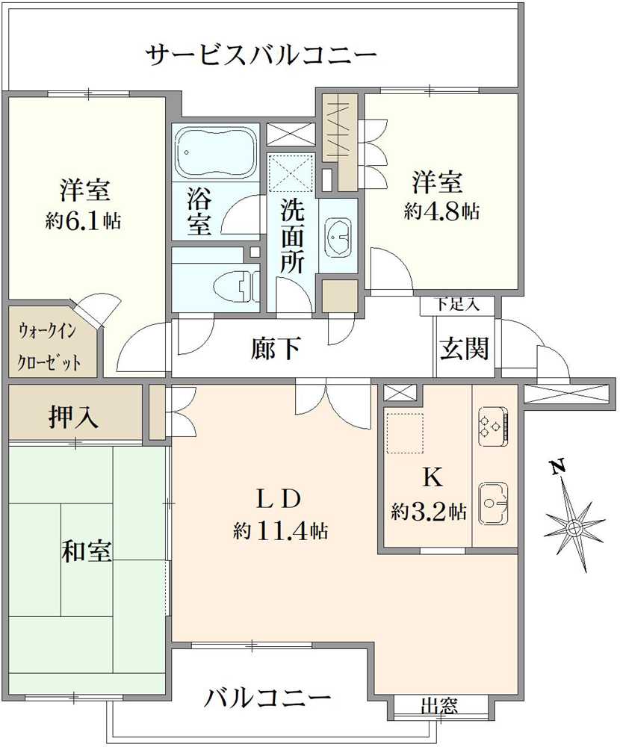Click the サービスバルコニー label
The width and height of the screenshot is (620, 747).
[x=261, y=55]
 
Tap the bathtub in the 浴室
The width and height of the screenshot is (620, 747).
[x=215, y=152]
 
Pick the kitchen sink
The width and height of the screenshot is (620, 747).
[x=493, y=502]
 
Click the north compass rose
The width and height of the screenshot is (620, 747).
[x=574, y=527]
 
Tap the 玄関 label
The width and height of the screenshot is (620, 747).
[x=464, y=348]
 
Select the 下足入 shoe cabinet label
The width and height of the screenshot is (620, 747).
[x=455, y=305]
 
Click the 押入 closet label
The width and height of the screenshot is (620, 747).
[x=74, y=416]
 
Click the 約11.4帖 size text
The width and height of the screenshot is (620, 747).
[x=279, y=532]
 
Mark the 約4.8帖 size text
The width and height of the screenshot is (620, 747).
[x=441, y=211]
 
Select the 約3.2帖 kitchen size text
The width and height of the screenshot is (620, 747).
[x=429, y=512]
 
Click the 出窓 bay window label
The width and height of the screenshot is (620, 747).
[x=439, y=705]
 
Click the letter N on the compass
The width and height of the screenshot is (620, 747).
[x=557, y=468]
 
